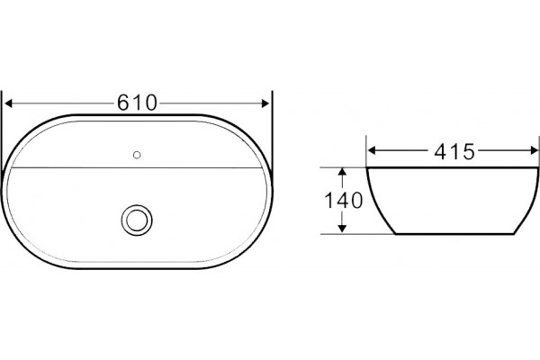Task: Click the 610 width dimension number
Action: pos(137,103)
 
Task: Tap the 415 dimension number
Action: pos(454,151)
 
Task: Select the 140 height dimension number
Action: pos(344,200)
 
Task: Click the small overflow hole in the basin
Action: pos(137,155)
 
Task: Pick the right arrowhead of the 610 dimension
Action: pos(265,103)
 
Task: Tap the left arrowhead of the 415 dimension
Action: pos(372,150)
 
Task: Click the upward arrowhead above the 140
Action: pos(342,173)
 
